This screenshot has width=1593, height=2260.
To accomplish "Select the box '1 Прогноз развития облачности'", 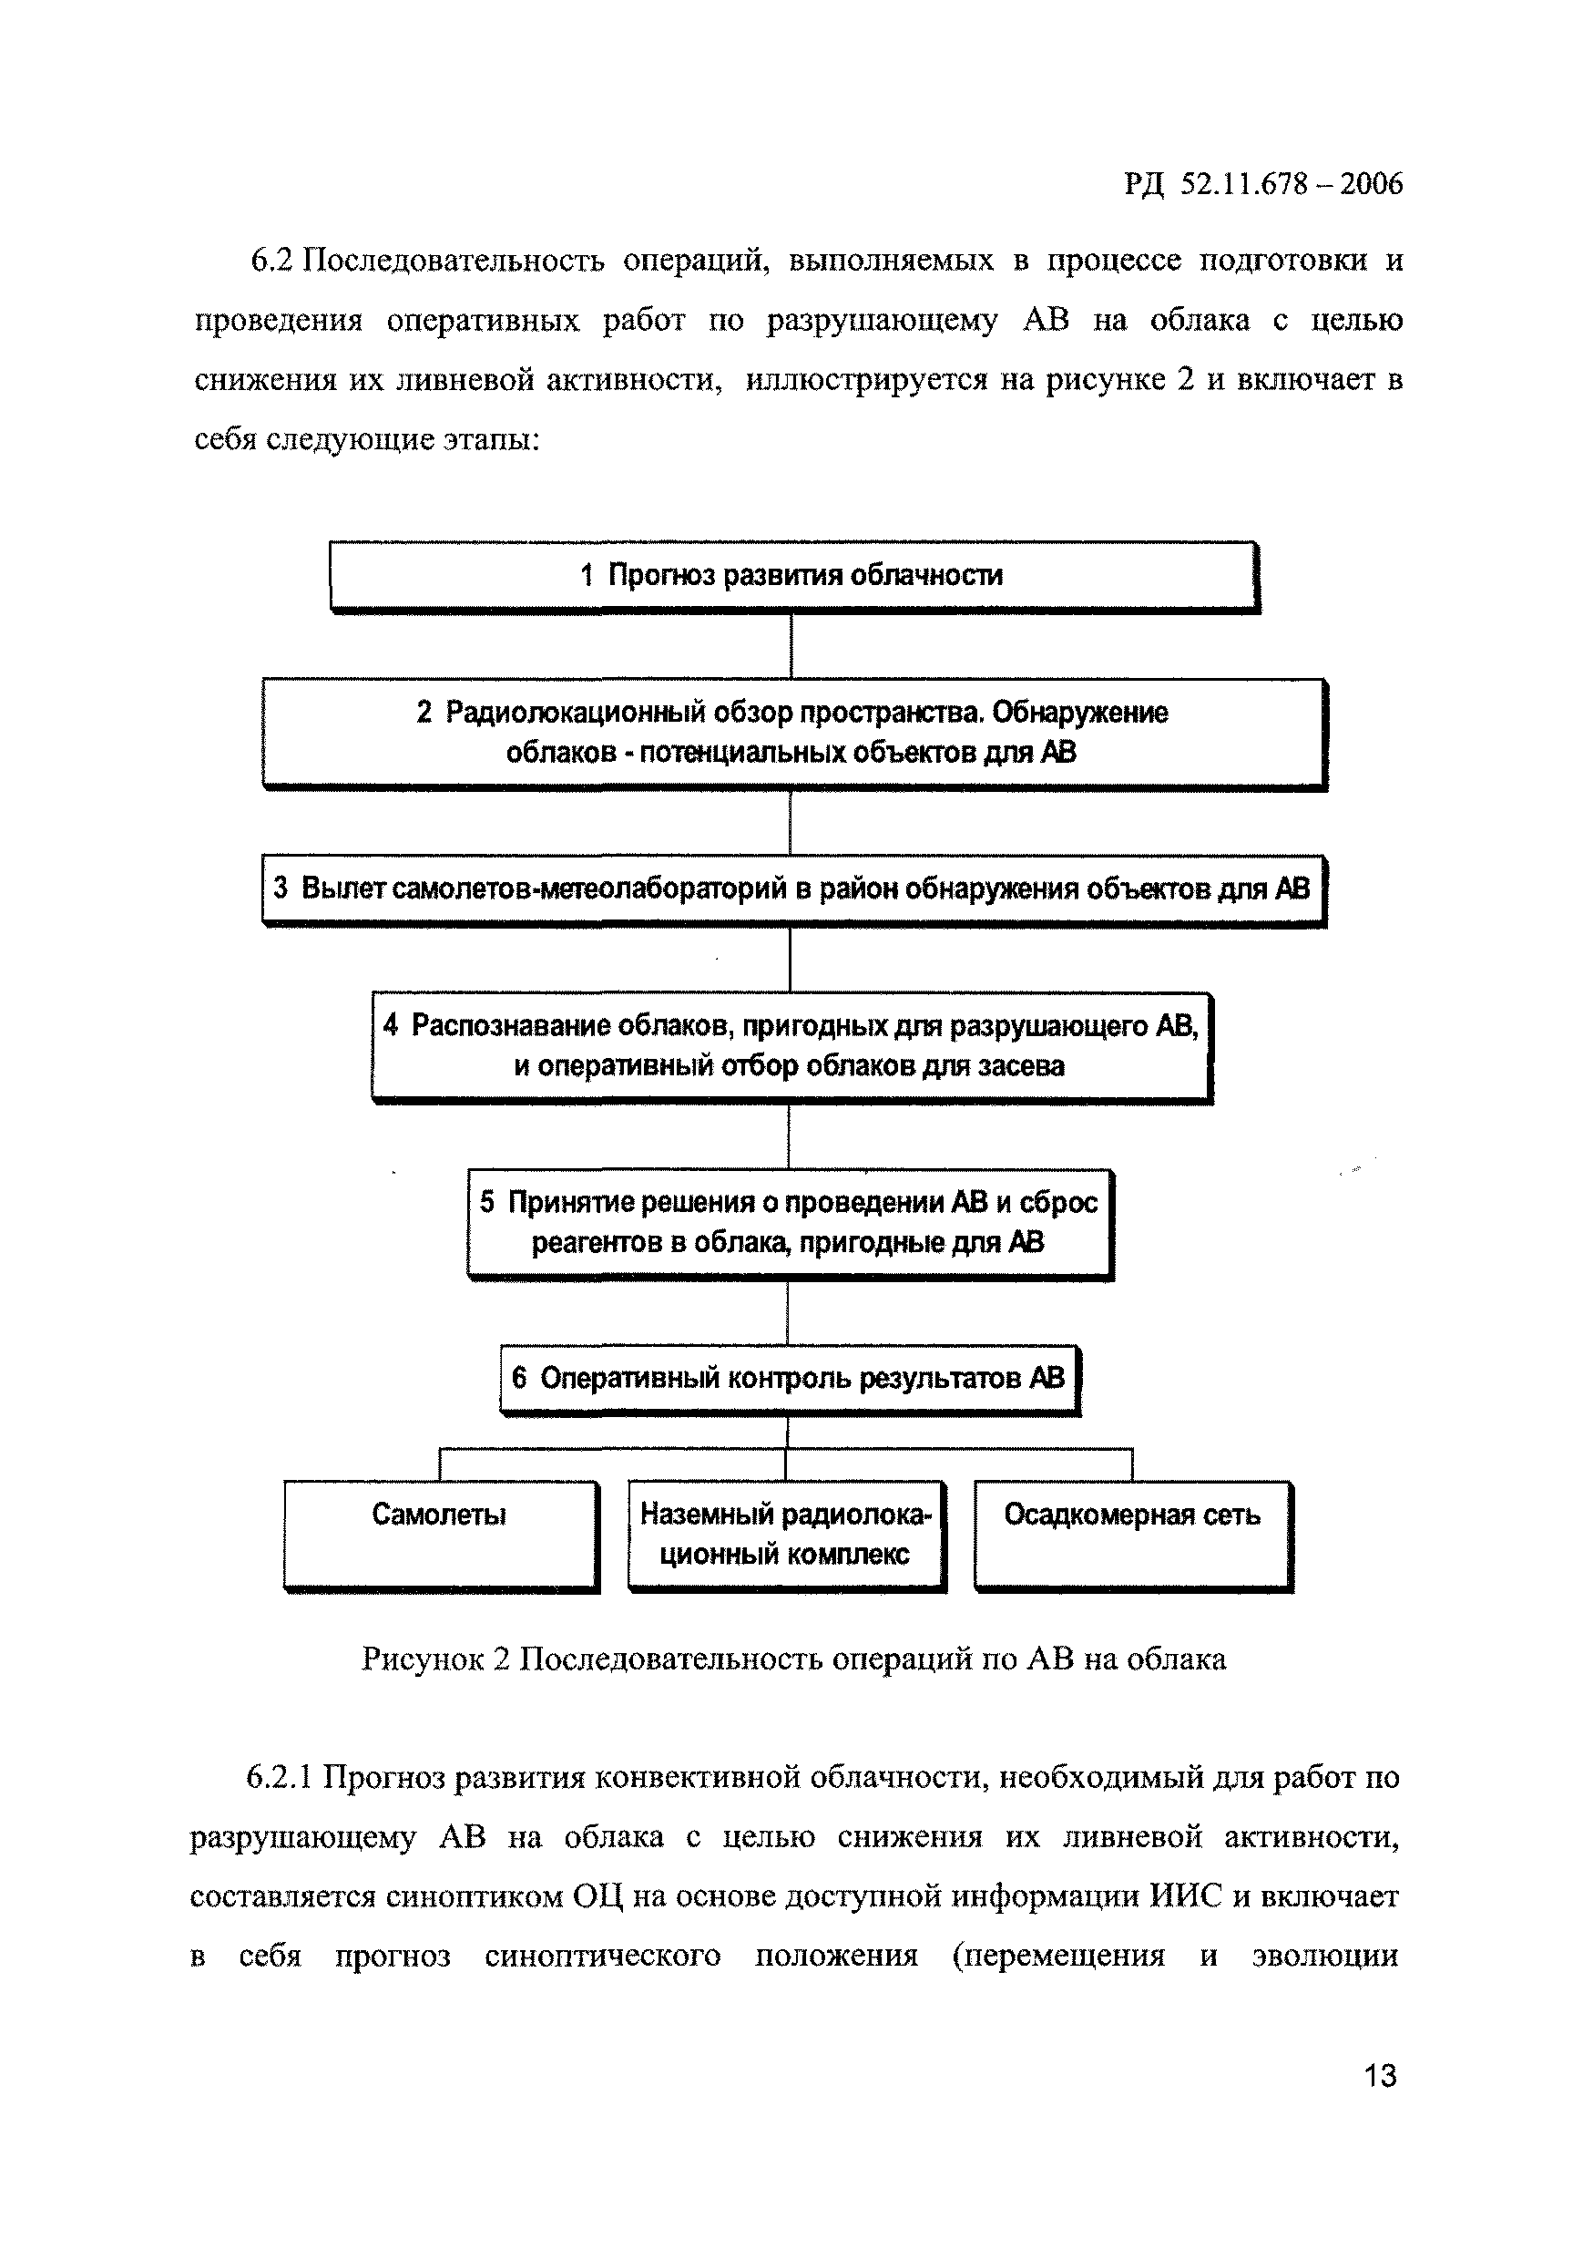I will (x=793, y=576).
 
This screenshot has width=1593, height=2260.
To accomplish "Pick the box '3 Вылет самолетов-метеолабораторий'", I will (x=793, y=889).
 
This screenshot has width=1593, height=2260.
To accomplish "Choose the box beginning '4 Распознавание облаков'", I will (x=791, y=1045).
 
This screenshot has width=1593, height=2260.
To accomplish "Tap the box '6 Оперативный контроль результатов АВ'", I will (x=789, y=1378).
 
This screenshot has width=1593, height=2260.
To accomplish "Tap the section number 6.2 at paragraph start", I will (x=272, y=261).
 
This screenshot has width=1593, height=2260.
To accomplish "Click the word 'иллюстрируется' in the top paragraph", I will (x=866, y=380).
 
